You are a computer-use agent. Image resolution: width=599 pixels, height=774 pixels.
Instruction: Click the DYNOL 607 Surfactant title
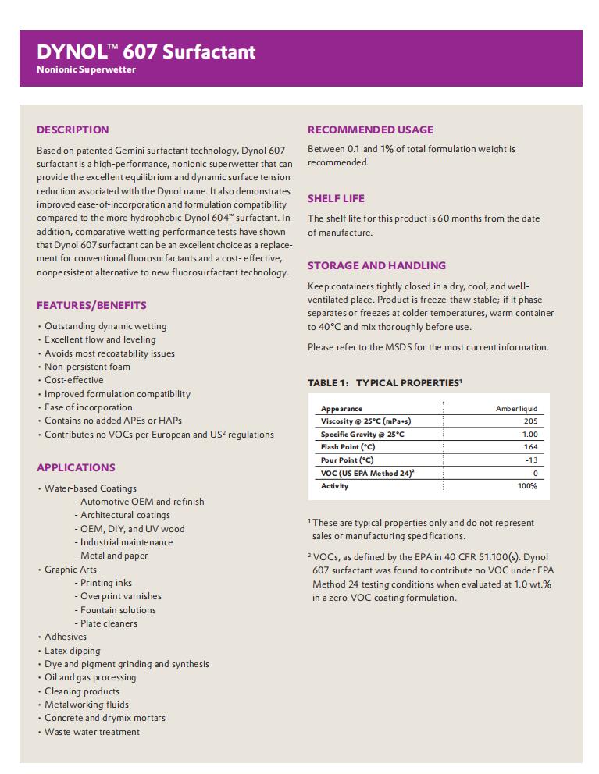[x=146, y=51]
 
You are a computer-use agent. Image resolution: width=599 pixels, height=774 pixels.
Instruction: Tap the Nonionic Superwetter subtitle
[x=87, y=69]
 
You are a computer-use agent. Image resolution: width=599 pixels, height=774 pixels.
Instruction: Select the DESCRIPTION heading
[x=73, y=130]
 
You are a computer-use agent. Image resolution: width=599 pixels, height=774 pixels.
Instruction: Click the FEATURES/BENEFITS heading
[x=91, y=305]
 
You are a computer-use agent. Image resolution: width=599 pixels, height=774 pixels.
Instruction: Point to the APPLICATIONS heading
[x=76, y=467]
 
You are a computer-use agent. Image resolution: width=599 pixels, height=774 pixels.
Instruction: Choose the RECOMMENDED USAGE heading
[x=370, y=130]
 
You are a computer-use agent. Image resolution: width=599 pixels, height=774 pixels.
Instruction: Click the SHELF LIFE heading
[x=336, y=198]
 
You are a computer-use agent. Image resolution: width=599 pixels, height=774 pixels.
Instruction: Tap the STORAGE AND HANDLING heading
[x=376, y=265]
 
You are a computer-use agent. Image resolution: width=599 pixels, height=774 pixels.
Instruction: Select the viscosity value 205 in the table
[x=529, y=421]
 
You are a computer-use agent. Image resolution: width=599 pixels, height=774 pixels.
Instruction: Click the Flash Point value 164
[x=530, y=447]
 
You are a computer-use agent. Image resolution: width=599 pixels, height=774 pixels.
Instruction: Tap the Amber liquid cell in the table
[x=516, y=408]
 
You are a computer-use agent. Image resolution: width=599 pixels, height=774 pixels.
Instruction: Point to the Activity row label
[x=335, y=486]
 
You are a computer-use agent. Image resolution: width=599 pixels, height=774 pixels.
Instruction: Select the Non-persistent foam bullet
[x=87, y=367]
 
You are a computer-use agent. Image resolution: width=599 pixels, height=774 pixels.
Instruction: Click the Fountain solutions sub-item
[x=118, y=610]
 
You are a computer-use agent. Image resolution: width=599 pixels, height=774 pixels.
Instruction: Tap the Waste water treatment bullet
[x=92, y=732]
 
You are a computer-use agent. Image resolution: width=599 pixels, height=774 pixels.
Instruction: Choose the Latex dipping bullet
[x=73, y=651]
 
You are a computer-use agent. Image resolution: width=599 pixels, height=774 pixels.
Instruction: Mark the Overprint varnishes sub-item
[x=121, y=596]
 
